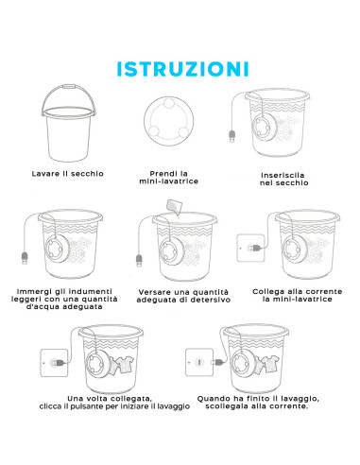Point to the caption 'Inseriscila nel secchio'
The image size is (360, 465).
pos(287,180)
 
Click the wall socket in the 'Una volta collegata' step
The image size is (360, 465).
pos(48,361)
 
